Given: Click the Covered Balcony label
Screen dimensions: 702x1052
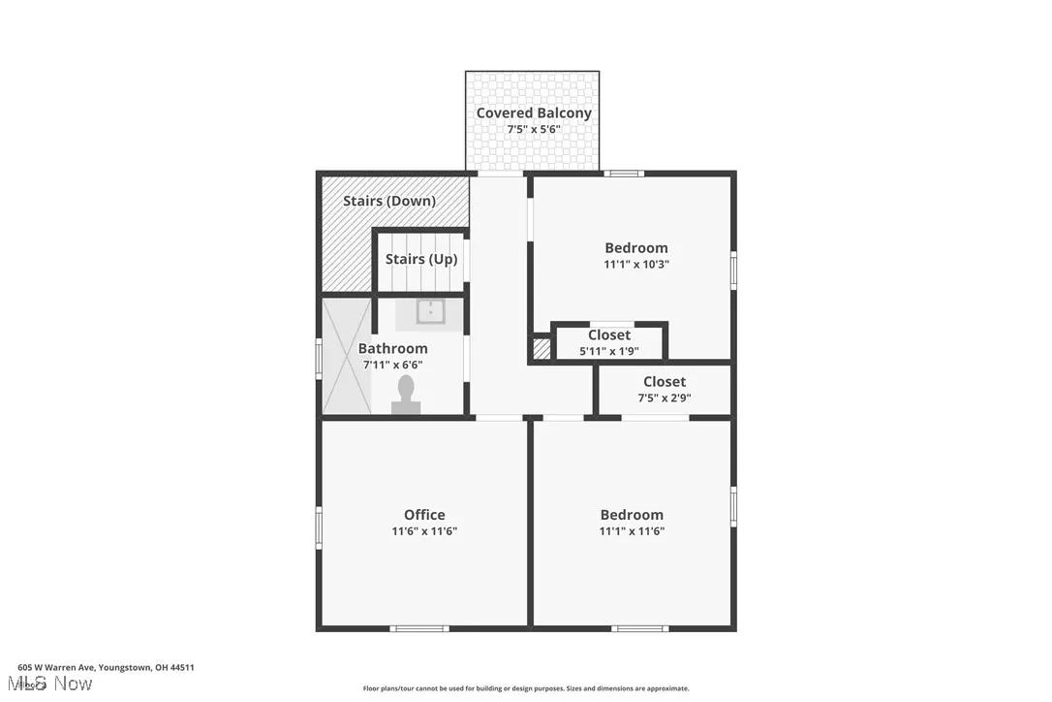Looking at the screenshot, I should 533,112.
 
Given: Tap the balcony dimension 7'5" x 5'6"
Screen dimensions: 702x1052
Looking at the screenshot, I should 533,129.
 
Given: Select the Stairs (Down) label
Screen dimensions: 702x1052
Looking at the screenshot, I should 389,201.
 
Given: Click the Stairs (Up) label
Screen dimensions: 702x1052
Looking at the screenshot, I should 418,259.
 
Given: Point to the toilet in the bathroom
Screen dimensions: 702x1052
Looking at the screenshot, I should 406,395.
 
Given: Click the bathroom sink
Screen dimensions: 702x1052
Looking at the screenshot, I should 430,311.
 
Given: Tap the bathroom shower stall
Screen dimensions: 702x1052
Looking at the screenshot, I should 346,356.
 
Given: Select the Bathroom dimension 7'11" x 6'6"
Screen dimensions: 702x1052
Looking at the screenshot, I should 392,366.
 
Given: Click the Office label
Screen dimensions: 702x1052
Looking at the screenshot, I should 424,515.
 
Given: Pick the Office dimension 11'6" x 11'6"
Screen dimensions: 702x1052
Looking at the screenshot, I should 424,531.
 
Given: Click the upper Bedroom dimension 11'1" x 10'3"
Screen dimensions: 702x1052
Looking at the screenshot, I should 635,264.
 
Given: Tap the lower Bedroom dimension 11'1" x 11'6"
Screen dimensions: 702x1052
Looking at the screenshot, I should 632,531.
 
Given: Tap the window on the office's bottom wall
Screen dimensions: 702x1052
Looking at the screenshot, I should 419,628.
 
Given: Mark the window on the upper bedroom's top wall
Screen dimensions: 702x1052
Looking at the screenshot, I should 625,174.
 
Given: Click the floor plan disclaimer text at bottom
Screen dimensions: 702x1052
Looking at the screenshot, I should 526,688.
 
